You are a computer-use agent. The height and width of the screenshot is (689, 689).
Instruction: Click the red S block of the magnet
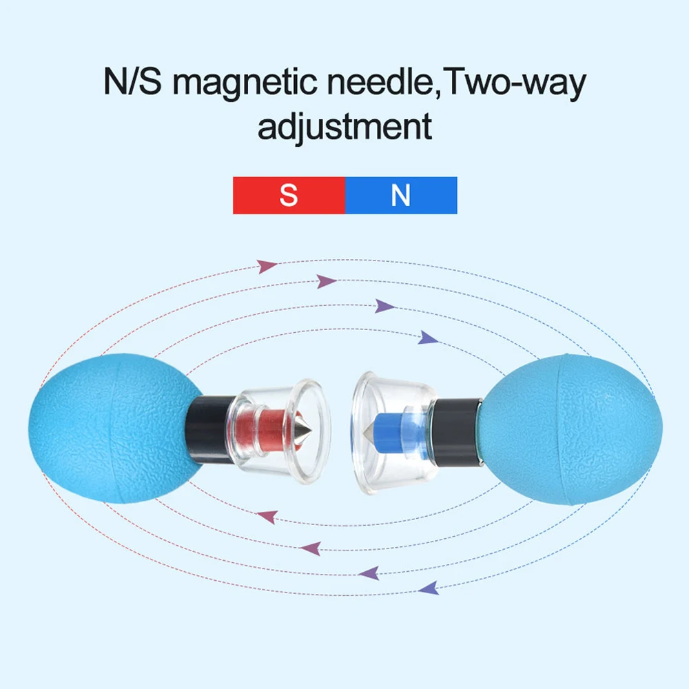click(x=289, y=195)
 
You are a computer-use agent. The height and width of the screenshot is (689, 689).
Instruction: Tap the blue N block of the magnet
click(x=400, y=195)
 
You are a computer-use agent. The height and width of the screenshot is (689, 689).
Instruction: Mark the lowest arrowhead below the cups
click(x=429, y=588)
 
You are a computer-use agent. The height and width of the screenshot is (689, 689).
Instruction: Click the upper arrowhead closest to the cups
click(x=428, y=338)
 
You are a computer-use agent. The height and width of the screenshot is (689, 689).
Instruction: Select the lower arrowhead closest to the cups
click(x=266, y=516)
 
